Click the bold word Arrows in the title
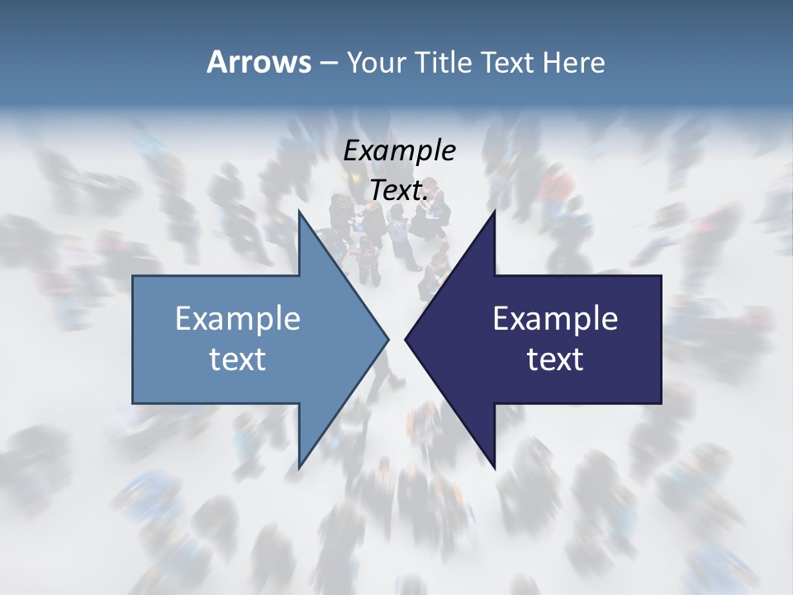coord(259,62)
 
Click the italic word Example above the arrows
coord(399,151)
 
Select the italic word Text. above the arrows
coord(399,191)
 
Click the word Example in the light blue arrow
coord(238,319)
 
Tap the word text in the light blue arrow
coord(238,359)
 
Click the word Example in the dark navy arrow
coord(555,319)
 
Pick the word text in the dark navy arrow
coord(555,359)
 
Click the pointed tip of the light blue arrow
coord(387,339)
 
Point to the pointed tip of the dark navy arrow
coord(406,339)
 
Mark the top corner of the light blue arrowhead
coord(299,212)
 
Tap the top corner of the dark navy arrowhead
coord(494,212)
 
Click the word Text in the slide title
coord(507,63)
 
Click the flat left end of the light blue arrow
coord(134,339)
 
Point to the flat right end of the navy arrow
coord(660,339)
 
